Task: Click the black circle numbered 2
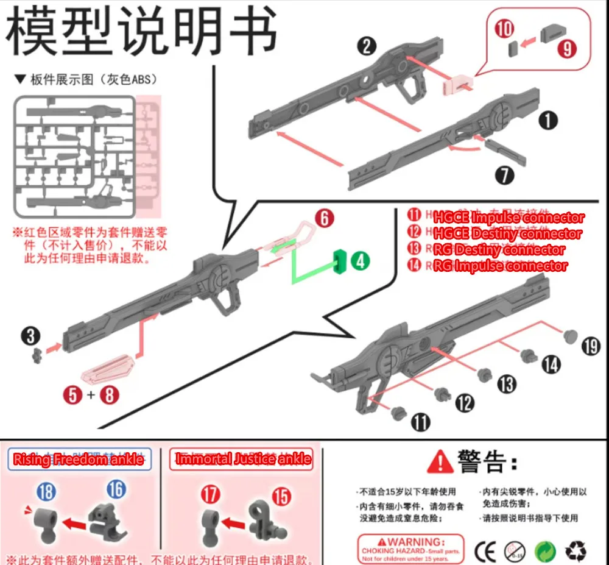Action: click(367, 46)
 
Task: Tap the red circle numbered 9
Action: click(567, 49)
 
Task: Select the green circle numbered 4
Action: click(361, 261)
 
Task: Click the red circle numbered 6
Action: click(325, 218)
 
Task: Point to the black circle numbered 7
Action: click(504, 175)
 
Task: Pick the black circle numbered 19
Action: click(590, 347)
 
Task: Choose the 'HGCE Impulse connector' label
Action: click(509, 218)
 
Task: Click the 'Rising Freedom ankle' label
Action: click(79, 460)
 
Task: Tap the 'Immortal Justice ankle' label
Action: click(244, 460)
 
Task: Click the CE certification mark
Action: click(485, 551)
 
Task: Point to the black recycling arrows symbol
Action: click(576, 551)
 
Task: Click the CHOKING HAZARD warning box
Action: click(410, 548)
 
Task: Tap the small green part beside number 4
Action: click(339, 261)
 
